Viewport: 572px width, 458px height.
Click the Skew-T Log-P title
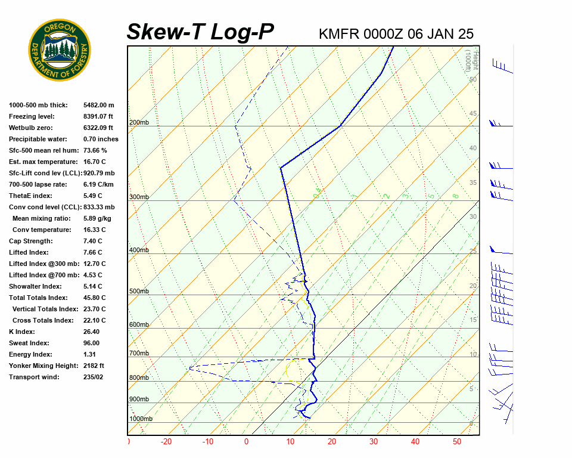pos(201,32)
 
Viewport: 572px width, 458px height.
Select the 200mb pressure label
pos(139,123)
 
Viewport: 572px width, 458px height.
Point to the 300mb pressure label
pos(139,197)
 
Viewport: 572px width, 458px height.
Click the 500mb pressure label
pos(139,291)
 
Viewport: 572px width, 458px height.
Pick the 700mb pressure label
pos(139,354)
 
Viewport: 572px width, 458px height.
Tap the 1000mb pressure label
pos(141,419)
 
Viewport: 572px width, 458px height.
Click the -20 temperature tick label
pos(166,442)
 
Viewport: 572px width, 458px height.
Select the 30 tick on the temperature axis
pos(374,442)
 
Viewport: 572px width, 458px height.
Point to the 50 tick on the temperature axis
pos(457,442)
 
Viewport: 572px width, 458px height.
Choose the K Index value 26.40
pos(91,332)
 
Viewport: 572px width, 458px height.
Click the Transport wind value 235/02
pos(93,377)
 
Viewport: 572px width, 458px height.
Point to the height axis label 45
pos(473,114)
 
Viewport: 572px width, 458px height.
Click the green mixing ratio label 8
pos(455,196)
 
